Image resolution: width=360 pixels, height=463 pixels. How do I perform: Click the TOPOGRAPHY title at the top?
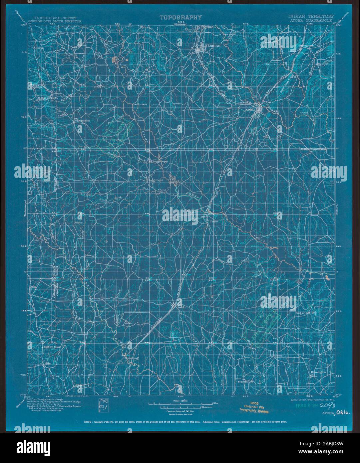coord(180,17)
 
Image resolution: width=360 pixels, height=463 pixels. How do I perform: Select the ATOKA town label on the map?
coord(250,109)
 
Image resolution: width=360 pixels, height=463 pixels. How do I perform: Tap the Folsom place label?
coord(79,221)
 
